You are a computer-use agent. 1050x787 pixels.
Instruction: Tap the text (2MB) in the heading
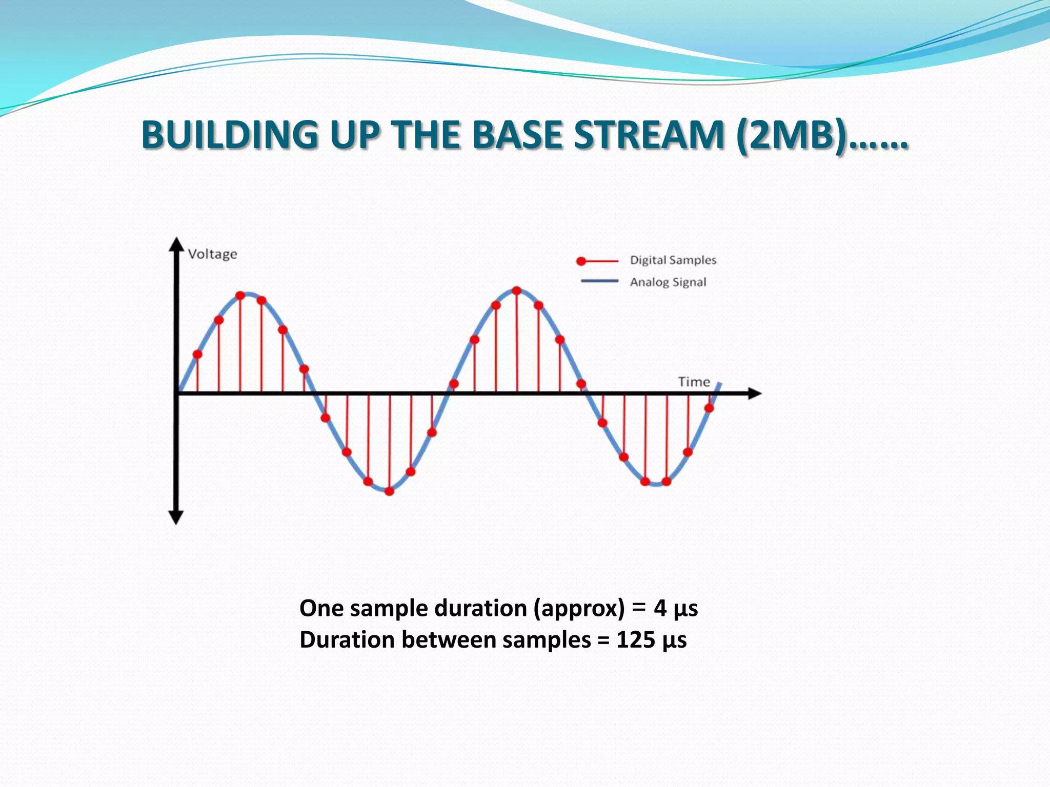point(792,135)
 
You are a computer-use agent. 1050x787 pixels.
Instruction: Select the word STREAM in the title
point(649,135)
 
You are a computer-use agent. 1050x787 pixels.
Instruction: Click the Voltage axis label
point(212,254)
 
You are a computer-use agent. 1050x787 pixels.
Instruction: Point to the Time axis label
point(694,382)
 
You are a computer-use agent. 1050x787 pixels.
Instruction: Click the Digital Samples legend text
point(673,260)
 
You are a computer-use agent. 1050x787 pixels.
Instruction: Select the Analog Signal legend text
point(668,282)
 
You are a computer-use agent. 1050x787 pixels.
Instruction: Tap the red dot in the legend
point(581,261)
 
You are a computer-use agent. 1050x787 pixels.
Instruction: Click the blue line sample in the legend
point(599,281)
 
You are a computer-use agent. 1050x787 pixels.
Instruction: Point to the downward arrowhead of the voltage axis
point(176,517)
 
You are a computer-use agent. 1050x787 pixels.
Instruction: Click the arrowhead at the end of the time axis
point(755,393)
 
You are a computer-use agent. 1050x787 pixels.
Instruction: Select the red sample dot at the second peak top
point(517,291)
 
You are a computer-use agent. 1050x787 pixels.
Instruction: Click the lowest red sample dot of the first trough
point(389,491)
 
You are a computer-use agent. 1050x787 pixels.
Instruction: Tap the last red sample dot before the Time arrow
point(709,408)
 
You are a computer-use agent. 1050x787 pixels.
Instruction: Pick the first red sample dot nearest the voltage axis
point(197,354)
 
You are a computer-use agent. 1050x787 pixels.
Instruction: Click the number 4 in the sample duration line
point(660,608)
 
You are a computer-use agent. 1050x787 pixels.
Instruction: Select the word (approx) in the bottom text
point(579,608)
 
